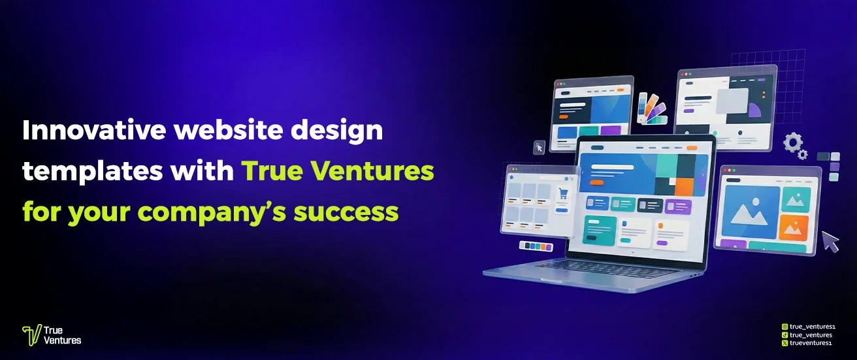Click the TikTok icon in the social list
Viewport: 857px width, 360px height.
click(x=785, y=335)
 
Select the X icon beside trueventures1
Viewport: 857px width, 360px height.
click(x=785, y=342)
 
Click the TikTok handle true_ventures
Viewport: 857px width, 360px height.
click(x=811, y=335)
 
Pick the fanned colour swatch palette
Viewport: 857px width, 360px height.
click(x=651, y=108)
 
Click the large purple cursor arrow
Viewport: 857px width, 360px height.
click(x=830, y=241)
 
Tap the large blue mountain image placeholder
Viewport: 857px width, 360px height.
click(x=750, y=212)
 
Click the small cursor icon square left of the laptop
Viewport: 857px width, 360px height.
click(x=539, y=147)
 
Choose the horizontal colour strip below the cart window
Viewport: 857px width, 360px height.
click(x=536, y=246)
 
